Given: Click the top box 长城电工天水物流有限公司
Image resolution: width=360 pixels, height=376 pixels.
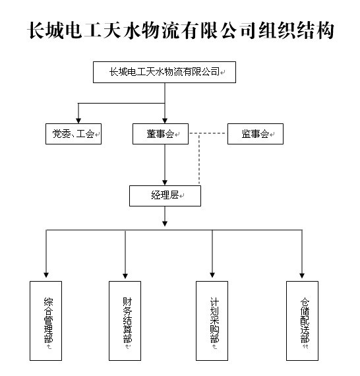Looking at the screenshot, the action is coord(164,72).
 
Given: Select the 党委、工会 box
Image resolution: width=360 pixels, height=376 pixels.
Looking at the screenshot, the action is coord(74,134).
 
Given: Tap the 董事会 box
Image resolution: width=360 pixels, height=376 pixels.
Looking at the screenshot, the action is coord(161,134).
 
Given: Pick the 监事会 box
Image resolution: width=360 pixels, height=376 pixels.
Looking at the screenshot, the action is coord(256,134).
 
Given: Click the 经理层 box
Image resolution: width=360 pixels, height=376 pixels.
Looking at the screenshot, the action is coord(165,196).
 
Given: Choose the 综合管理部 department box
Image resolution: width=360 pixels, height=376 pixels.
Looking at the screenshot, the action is coord(45,321).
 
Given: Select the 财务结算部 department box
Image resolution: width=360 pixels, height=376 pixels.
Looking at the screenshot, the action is coord(125,321).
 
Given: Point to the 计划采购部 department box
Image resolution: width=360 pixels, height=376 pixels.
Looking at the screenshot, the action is coord(212,321).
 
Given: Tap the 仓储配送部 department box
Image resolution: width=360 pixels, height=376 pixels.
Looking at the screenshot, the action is coord(302,321).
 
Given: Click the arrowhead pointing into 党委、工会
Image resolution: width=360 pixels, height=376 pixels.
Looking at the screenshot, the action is coord(78,120).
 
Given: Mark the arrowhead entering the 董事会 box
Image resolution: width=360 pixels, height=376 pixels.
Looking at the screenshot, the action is coord(165,120).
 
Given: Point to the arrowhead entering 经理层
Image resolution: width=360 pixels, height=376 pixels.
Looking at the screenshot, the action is coord(165,182).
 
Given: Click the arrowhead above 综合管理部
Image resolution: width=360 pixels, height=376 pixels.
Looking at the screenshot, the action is coord(46,275).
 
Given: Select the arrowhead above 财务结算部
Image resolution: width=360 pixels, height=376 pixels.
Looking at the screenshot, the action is coord(125,276).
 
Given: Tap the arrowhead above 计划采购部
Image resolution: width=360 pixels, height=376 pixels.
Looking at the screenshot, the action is coord(212,275).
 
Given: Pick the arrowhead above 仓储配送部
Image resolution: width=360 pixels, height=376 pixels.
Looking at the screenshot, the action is coord(302,275).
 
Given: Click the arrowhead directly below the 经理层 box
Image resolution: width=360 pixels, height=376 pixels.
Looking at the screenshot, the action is coord(165,223).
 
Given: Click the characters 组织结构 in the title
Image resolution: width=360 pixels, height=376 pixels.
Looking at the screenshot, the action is coord(296,30).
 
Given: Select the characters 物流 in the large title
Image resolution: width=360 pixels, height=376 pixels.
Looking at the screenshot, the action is coord(160,30).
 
